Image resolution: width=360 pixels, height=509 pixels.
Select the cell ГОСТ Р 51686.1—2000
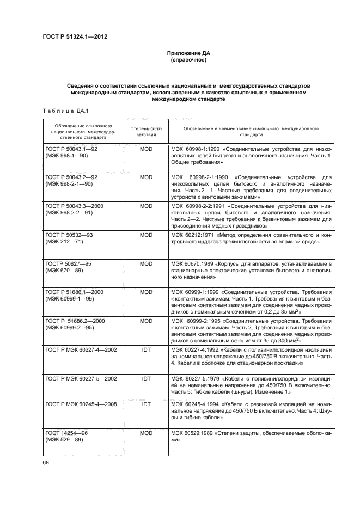click(x=73, y=292)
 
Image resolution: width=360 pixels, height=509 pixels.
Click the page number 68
click(x=46, y=462)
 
